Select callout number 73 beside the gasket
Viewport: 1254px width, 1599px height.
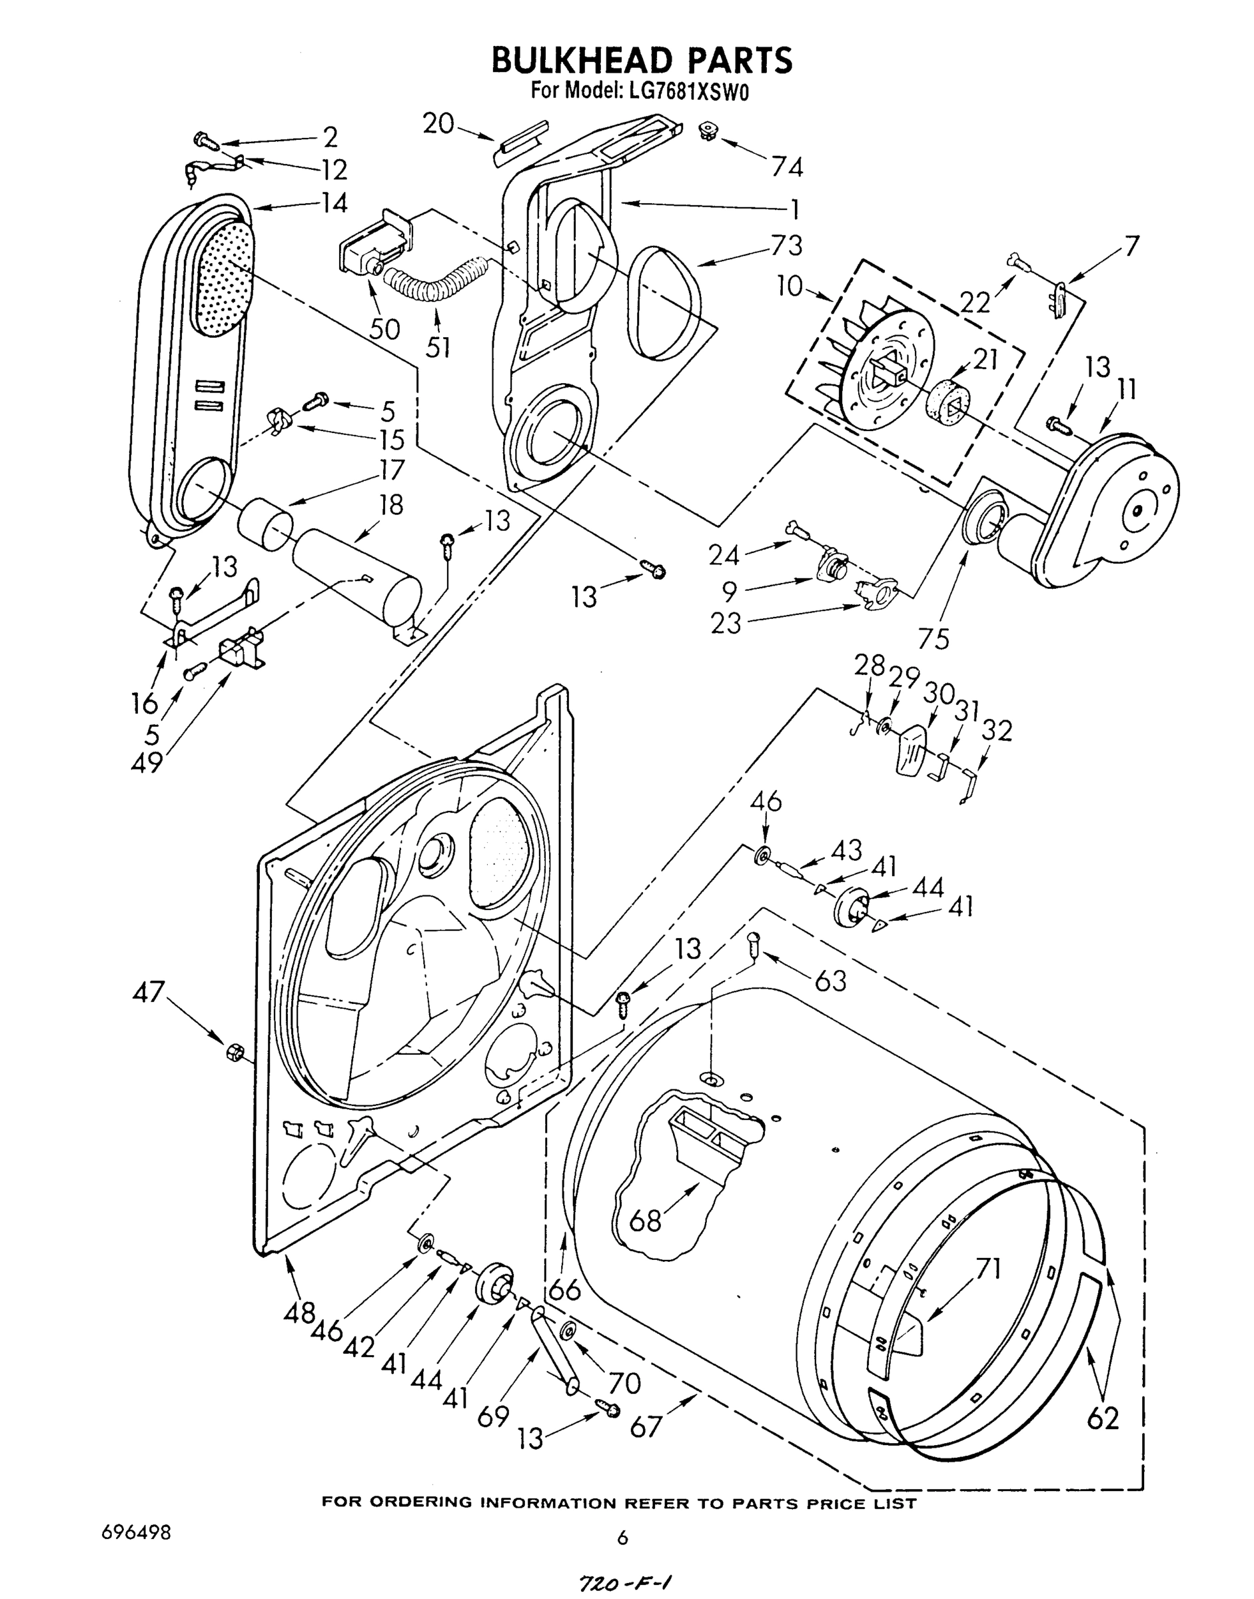(786, 245)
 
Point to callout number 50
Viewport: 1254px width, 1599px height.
(384, 329)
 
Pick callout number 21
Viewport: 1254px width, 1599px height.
(985, 359)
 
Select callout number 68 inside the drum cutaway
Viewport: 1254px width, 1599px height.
(646, 1220)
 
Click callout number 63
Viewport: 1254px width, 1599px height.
(830, 980)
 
